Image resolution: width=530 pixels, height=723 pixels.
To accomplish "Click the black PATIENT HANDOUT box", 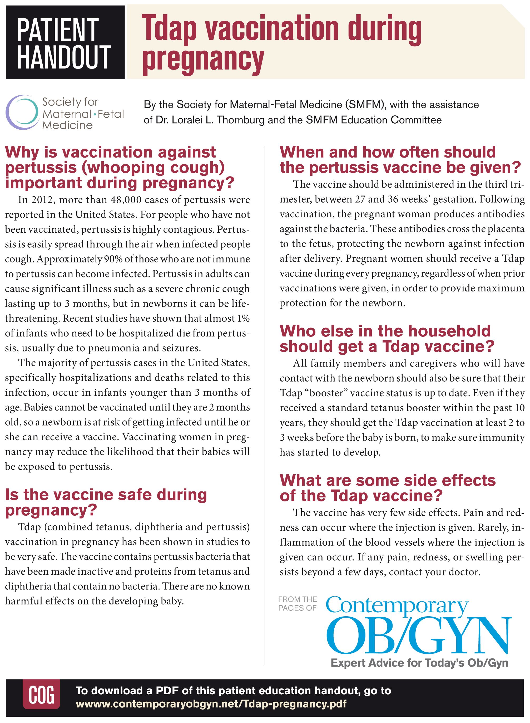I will [x=65, y=43].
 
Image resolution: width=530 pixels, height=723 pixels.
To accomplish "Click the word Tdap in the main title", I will [x=169, y=30].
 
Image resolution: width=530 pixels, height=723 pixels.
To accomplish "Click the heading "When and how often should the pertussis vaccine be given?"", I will [x=399, y=160].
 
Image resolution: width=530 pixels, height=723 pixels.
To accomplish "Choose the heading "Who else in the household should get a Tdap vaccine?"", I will [x=387, y=339].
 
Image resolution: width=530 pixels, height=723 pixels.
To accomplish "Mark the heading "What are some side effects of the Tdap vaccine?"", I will [x=388, y=488].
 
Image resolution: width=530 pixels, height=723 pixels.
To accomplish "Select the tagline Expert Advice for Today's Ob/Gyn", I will [x=419, y=663].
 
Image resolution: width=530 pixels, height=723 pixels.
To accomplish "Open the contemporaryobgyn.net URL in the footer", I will [x=211, y=704].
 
